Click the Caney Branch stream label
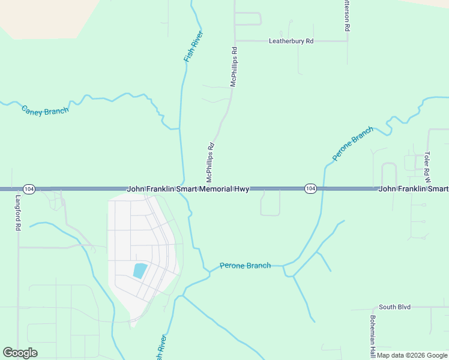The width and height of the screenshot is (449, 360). (45, 110)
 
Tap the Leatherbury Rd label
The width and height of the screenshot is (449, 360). (291, 41)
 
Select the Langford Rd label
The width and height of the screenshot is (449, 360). (18, 213)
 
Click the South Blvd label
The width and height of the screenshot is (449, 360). (394, 307)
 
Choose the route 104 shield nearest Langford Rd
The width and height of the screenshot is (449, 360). (30, 188)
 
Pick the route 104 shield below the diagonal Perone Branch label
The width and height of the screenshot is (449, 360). (310, 188)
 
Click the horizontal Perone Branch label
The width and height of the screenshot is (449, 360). (245, 265)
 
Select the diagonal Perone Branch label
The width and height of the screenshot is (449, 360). (353, 143)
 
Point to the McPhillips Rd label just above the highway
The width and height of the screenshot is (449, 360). (210, 162)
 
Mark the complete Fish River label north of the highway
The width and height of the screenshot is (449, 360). (193, 46)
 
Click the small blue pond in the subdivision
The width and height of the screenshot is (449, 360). (139, 271)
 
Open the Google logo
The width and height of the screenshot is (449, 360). (20, 353)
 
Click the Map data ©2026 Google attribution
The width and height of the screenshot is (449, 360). (412, 355)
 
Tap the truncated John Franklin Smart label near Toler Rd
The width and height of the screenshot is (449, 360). (413, 188)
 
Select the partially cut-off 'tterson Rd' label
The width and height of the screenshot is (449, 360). (346, 16)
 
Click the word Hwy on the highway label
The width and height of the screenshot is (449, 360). (241, 188)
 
